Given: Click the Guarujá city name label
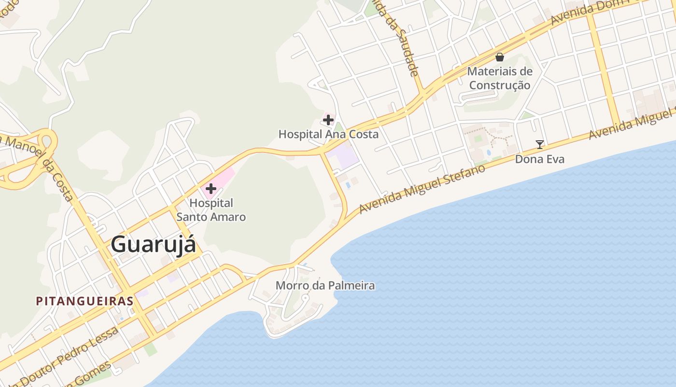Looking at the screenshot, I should (154, 245).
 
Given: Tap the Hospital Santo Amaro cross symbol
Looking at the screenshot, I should (211, 189).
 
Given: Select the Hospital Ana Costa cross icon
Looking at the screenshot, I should (328, 119).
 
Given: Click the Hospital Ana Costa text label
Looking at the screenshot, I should (328, 134).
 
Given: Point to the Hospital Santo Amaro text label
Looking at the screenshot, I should (211, 210).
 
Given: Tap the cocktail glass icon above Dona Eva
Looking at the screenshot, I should (540, 144).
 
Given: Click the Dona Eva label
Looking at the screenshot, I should (539, 159).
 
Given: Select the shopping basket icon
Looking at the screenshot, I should (500, 57).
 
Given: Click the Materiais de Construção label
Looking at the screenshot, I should (500, 78).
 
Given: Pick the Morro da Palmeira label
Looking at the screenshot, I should (325, 285).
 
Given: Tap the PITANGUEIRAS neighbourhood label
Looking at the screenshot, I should (84, 301).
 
